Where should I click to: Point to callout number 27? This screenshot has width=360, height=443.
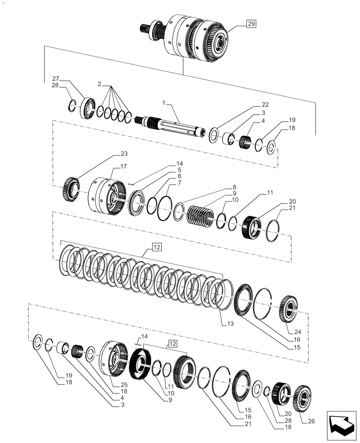55,79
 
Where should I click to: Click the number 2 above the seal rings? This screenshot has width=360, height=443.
99,84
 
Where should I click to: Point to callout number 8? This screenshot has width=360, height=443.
234,187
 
